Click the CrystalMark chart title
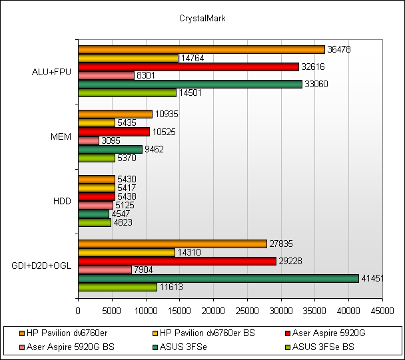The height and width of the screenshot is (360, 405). [x=202, y=19]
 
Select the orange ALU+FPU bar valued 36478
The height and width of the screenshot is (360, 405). [x=201, y=49]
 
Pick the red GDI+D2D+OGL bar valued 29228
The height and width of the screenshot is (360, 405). [x=177, y=261]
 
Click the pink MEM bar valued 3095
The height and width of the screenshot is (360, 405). [x=89, y=140]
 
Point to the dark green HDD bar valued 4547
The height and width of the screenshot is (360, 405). [x=93, y=214]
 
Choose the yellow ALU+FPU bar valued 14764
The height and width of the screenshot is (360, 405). [x=128, y=58]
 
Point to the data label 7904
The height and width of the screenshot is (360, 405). [x=145, y=270]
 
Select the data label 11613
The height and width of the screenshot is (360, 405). [x=170, y=287]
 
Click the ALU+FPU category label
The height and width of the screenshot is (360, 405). [x=51, y=71]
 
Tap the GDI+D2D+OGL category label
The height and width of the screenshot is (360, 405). [x=41, y=266]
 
